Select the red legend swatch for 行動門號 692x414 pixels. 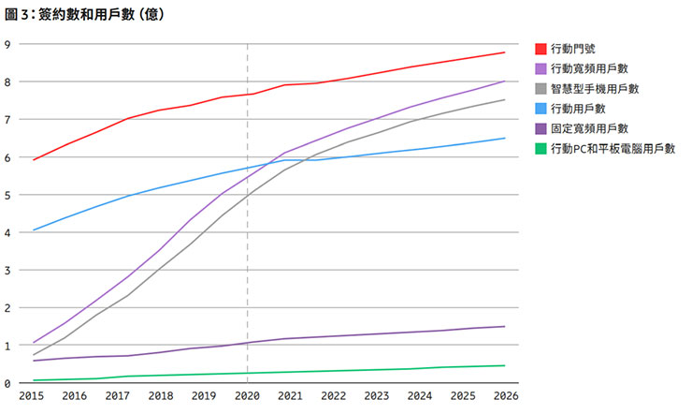tap(541, 49)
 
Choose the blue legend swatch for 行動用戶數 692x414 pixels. tap(541, 109)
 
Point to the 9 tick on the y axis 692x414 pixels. tap(7, 44)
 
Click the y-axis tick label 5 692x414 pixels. tap(7, 195)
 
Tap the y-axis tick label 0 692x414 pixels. tap(7, 383)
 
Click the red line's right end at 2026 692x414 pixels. tap(505, 52)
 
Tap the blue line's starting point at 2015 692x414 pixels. tap(34, 229)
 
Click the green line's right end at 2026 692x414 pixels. tap(505, 365)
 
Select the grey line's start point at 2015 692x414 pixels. tap(34, 355)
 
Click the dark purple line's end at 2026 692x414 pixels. tap(505, 326)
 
